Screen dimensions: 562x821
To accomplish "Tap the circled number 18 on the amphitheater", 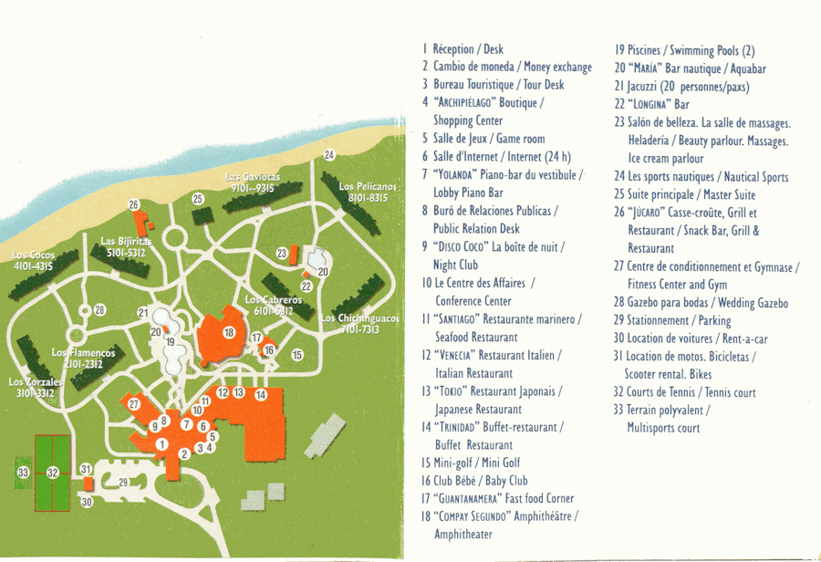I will click(229, 333).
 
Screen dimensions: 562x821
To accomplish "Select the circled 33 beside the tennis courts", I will click(23, 472).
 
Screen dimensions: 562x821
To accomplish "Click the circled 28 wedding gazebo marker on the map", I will click(99, 310).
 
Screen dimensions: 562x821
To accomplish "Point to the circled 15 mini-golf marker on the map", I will click(296, 355).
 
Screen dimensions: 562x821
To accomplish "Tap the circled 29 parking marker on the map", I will click(124, 482).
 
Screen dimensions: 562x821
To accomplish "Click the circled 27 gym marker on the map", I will click(134, 403).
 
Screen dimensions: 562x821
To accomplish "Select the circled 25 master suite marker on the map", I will click(197, 198).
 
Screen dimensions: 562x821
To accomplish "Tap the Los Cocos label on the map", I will click(32, 260).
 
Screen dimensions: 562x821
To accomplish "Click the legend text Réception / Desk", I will click(468, 49).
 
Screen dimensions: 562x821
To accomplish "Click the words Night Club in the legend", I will click(456, 265).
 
